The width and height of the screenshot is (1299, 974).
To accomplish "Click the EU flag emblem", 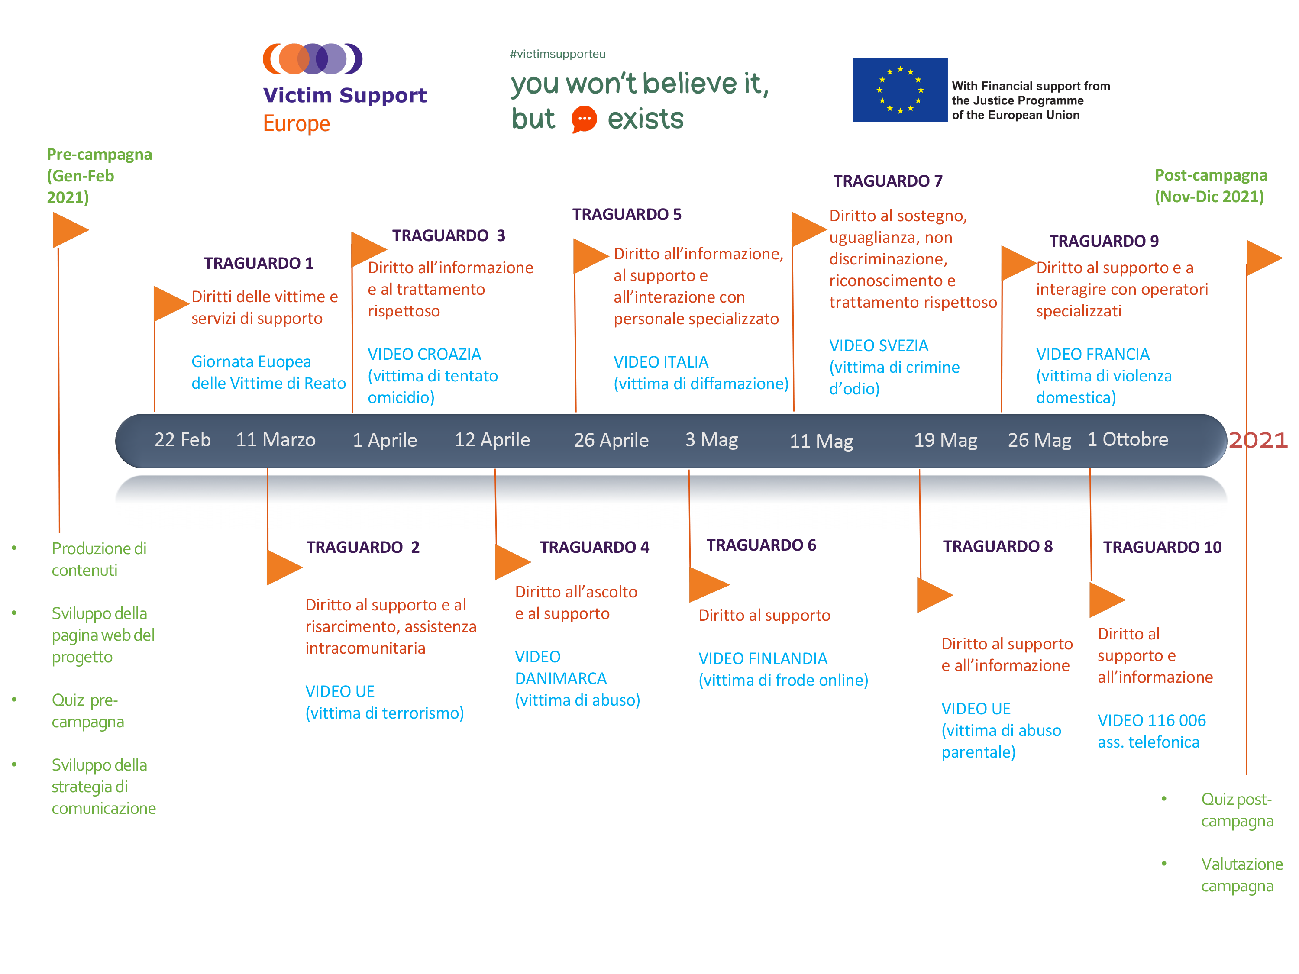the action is [x=900, y=90].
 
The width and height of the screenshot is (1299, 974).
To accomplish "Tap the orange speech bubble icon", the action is [x=584, y=119].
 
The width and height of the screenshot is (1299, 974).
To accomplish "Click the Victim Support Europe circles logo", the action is [x=313, y=59].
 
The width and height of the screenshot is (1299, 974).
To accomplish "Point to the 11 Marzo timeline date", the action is [x=275, y=440].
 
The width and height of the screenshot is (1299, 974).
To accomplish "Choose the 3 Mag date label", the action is [x=711, y=440].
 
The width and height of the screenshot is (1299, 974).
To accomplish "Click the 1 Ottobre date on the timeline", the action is [x=1128, y=439].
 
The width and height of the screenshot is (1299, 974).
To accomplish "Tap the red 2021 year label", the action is [x=1258, y=440].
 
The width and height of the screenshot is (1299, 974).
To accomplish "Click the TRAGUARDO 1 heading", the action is [x=259, y=263].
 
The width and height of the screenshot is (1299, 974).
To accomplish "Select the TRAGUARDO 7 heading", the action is [x=887, y=181].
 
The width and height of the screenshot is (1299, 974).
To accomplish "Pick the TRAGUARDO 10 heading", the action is [x=1162, y=547].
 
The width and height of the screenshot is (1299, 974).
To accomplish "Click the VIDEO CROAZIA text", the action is [x=424, y=354].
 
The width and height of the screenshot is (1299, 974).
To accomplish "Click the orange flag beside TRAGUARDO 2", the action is [x=284, y=567].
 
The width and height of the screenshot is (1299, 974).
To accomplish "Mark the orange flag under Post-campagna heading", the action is [x=1264, y=258].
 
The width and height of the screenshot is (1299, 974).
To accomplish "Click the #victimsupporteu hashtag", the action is [x=557, y=54].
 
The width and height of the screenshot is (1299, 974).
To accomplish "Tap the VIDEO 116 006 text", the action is [x=1152, y=720].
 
